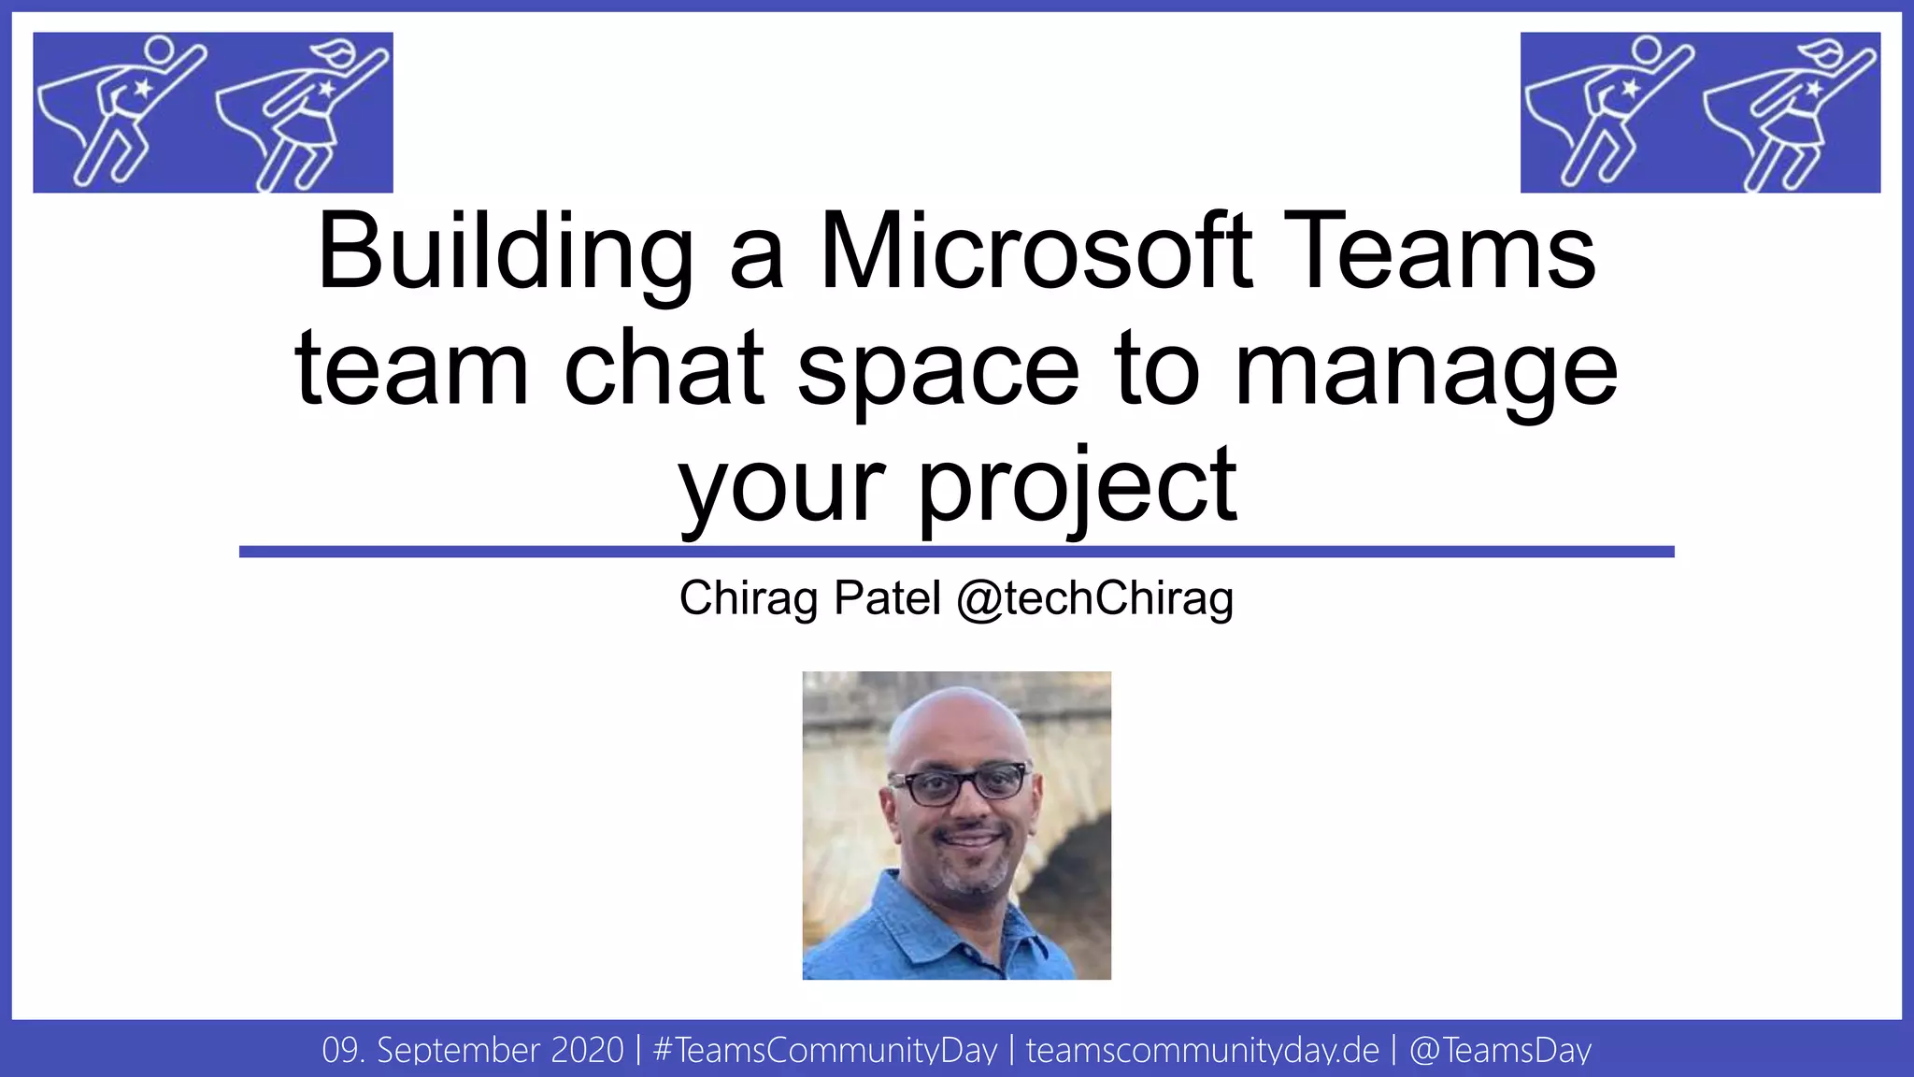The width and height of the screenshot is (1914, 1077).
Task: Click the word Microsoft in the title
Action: (1036, 251)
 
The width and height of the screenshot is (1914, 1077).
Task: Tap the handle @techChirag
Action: (1094, 598)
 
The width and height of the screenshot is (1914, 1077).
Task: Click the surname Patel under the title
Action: (887, 598)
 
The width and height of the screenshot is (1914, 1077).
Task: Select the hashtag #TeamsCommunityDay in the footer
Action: (825, 1050)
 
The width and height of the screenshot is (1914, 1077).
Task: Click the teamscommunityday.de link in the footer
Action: (1202, 1050)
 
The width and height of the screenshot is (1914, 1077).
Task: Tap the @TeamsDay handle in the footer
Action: (1499, 1050)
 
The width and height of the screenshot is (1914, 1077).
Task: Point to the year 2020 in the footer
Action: (587, 1050)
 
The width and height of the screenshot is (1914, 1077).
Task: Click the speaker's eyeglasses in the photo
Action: (959, 783)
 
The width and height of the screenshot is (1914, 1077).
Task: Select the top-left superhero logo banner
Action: (213, 112)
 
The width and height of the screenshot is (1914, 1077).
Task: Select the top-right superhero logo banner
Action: (1700, 112)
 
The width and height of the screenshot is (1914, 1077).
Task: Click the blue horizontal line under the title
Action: (956, 552)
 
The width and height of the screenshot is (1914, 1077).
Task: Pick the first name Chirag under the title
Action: (749, 598)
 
